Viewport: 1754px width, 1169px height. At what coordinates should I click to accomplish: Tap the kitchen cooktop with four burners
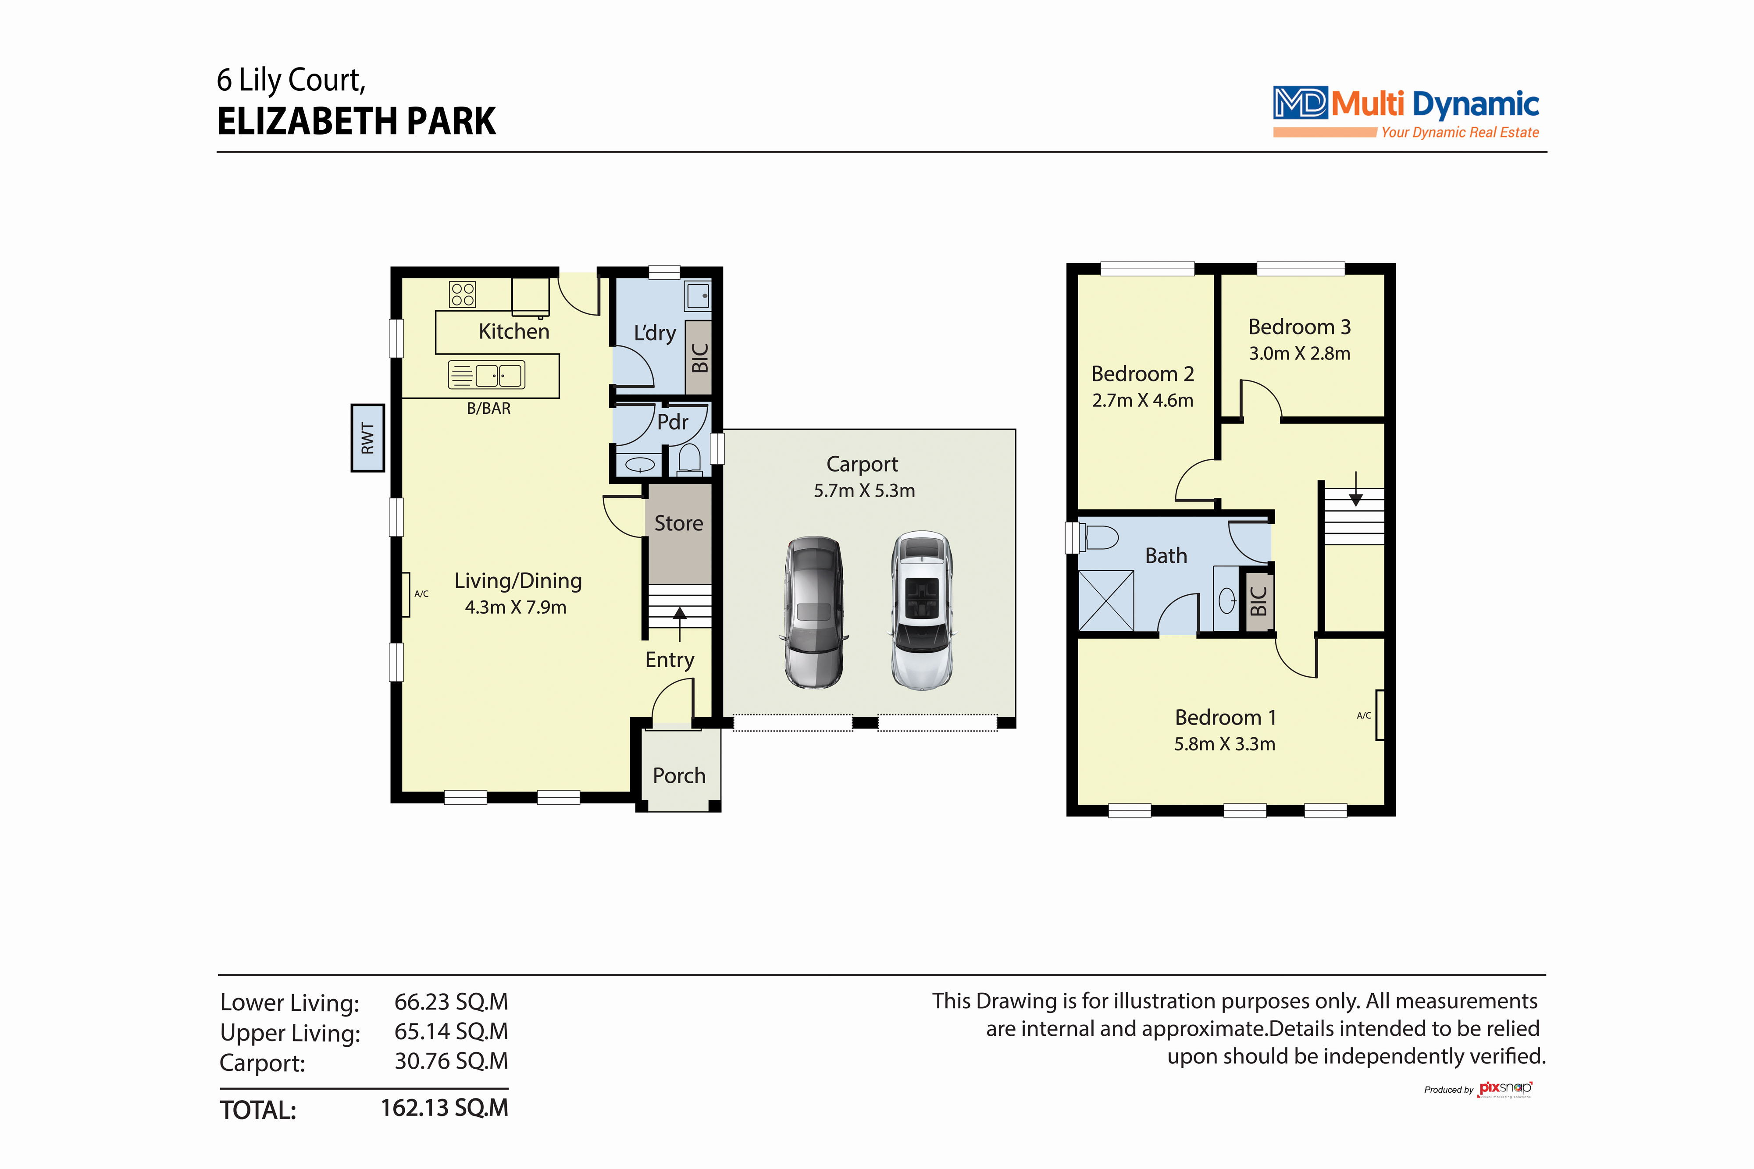coord(462,295)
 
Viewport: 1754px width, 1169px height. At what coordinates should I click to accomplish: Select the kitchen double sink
coord(486,375)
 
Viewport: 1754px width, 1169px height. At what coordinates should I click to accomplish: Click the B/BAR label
coord(488,409)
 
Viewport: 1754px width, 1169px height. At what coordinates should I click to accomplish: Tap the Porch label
coord(679,776)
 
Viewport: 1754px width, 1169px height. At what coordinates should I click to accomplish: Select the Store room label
coord(679,523)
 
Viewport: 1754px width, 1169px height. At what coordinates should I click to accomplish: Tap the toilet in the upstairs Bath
coord(1098,537)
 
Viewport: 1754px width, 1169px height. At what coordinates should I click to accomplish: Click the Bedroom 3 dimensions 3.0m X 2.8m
coord(1300,353)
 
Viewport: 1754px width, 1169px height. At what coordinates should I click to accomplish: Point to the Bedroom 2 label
coord(1142,373)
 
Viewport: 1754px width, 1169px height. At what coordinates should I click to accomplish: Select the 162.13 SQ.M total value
coord(445,1108)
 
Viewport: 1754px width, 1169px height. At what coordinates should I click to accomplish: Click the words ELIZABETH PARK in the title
coord(357,121)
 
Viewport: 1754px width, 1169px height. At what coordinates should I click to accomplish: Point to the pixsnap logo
coord(1505,1089)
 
